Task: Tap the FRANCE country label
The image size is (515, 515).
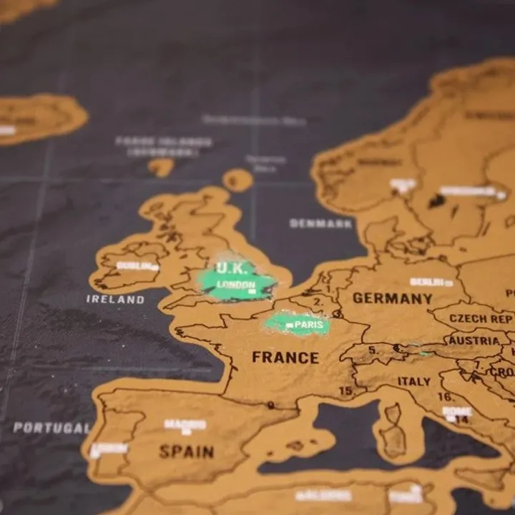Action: pyautogui.click(x=285, y=358)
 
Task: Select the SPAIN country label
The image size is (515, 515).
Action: pyautogui.click(x=186, y=451)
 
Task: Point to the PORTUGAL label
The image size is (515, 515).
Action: pyautogui.click(x=51, y=428)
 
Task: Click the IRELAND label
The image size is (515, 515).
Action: pyautogui.click(x=115, y=299)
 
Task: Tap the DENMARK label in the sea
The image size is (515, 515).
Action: pyautogui.click(x=321, y=224)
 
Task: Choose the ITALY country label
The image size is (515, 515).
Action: pyautogui.click(x=414, y=381)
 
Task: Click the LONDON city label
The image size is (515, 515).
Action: pyautogui.click(x=235, y=285)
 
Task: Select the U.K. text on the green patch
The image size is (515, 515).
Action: pyautogui.click(x=232, y=268)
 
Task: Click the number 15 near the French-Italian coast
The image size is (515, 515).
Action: pyautogui.click(x=346, y=391)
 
